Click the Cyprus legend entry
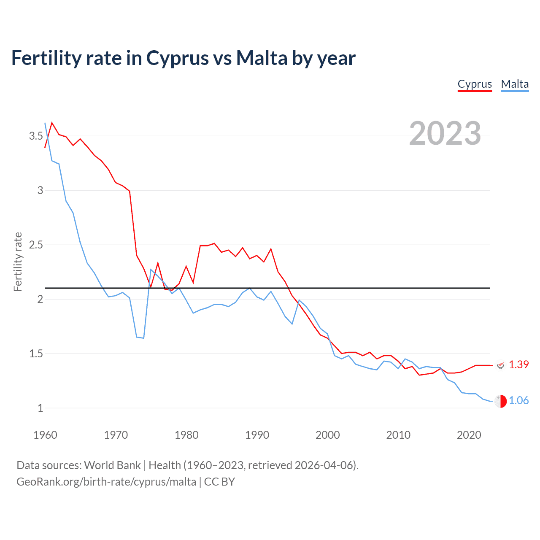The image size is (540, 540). coord(475,84)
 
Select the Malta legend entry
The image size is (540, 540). coord(515,84)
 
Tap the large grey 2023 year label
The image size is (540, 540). coord(445,133)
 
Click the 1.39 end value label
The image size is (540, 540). coord(518,364)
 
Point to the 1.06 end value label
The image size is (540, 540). coord(518,400)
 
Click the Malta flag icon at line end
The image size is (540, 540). coord(500,401)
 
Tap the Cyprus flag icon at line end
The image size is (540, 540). coord(500,365)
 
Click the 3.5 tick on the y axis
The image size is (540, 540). coord(36,136)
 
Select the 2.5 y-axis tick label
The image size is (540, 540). coord(36,245)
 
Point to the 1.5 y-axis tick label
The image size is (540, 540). coord(36,354)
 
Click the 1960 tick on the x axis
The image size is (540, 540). coord(45,435)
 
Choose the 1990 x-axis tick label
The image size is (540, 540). coord(257,435)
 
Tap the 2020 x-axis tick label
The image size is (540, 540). coord(469,435)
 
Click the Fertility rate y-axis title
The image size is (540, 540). coord(18,262)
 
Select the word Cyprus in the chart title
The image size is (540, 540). coord(177,59)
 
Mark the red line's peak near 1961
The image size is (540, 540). coord(52,123)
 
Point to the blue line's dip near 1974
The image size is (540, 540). coord(143,338)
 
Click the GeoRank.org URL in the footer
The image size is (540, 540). coord(106,482)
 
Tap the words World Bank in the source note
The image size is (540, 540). coord(112,465)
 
